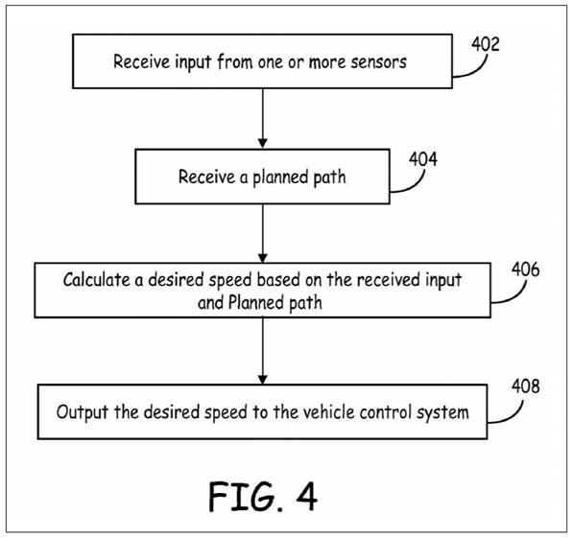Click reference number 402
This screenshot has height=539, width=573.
click(485, 44)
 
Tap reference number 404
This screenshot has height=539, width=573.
click(423, 159)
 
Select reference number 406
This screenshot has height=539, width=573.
click(525, 269)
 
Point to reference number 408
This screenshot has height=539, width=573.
click(525, 386)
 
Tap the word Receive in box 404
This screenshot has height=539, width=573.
click(206, 176)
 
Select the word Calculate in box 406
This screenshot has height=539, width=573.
click(97, 280)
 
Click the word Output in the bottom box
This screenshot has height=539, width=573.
click(83, 412)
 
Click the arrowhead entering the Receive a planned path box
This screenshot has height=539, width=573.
click(262, 143)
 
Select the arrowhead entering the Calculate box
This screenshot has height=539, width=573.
click(262, 257)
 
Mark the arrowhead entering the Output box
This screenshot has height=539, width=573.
click(262, 379)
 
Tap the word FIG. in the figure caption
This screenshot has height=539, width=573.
click(246, 496)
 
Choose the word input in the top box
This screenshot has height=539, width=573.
click(193, 62)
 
